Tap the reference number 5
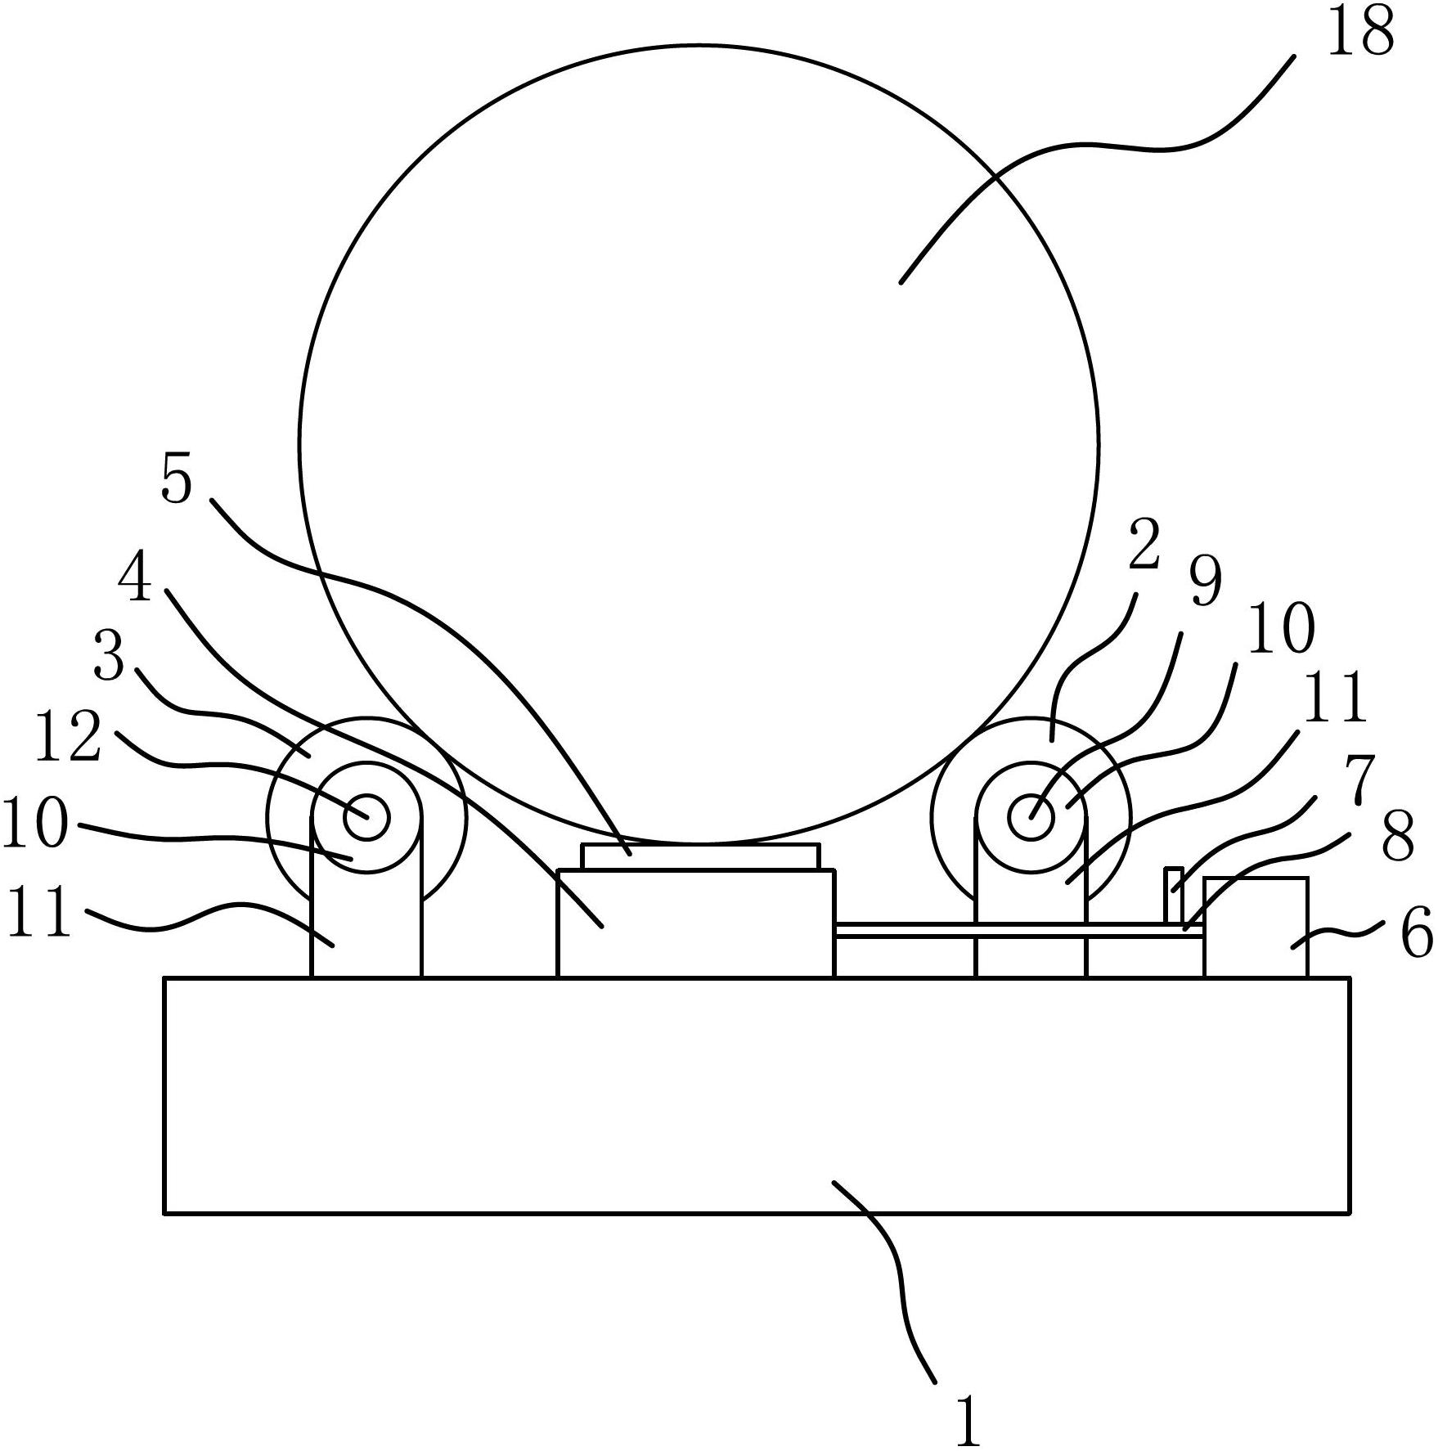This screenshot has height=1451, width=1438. point(176,479)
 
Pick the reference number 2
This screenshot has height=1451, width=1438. point(1144,544)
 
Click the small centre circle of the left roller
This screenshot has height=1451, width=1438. point(366,815)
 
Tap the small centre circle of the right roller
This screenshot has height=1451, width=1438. point(1031,816)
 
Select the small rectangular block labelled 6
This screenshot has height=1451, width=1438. point(1256,928)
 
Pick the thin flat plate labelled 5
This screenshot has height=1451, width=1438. point(699,856)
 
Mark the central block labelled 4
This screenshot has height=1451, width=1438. point(695,923)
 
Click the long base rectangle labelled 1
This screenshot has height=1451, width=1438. point(757,1094)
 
